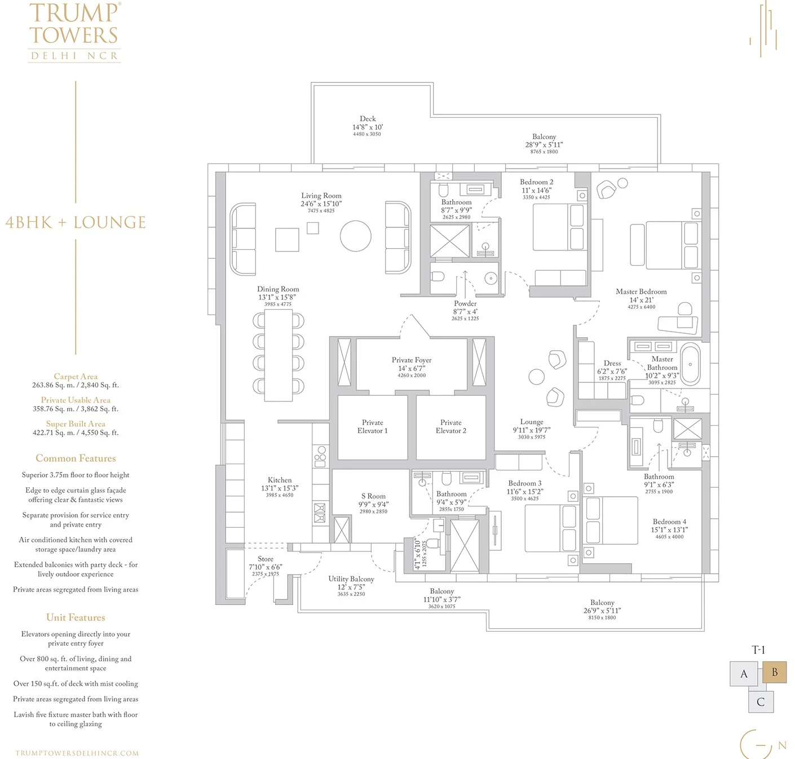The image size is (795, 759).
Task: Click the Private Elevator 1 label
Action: click(x=372, y=426)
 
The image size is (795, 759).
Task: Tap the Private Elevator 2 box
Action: click(x=450, y=427)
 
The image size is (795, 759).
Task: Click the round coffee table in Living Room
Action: click(x=356, y=236)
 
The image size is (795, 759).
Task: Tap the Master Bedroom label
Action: click(x=641, y=292)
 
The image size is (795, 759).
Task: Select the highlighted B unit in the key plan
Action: click(x=774, y=673)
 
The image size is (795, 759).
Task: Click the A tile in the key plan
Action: click(x=744, y=674)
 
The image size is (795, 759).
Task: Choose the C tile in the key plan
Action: click(x=761, y=701)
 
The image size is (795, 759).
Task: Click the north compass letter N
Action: click(x=781, y=745)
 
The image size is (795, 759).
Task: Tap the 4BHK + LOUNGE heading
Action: click(x=76, y=222)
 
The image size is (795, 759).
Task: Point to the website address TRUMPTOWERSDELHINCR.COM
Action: click(x=77, y=753)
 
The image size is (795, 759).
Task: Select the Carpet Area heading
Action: click(x=76, y=376)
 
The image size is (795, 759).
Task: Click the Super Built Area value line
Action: click(x=76, y=433)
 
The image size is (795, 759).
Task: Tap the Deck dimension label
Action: click(x=367, y=127)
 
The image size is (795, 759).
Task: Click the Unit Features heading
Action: click(x=76, y=617)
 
